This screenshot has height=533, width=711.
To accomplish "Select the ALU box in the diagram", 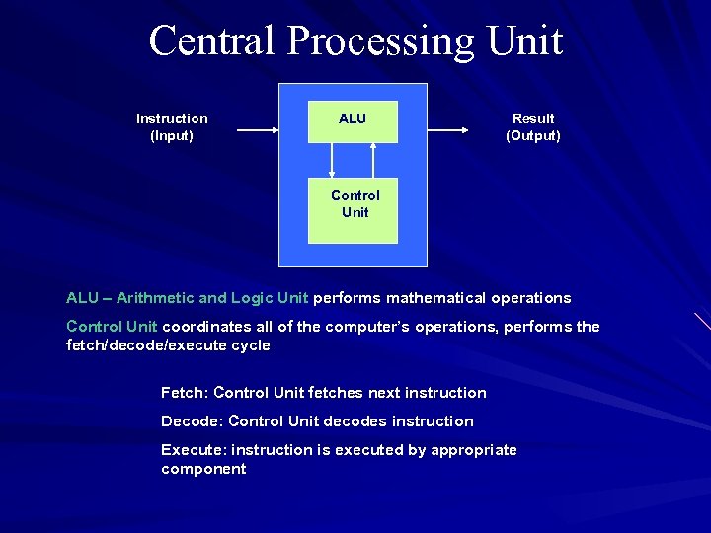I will (353, 121).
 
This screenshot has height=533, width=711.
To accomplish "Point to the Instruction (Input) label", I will (172, 127).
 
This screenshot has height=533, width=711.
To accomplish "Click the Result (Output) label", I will (533, 127).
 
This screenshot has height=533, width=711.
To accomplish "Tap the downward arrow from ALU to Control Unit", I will (332, 160).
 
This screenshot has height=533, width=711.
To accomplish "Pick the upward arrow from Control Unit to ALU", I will (373, 160).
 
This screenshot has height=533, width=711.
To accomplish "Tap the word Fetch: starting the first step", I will (185, 393).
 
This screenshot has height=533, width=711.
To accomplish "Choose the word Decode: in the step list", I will (192, 421).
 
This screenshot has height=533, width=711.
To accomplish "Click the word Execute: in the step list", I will (195, 450).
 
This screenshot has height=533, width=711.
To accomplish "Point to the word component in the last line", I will (203, 469).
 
